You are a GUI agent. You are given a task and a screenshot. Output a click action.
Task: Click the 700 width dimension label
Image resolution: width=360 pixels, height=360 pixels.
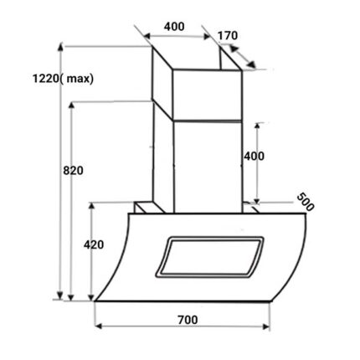coord(188,320)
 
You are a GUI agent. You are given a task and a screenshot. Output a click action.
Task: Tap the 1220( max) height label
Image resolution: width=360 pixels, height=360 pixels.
coord(63,79)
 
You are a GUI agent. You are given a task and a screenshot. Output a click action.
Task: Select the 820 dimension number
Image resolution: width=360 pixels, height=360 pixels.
coord(73,170)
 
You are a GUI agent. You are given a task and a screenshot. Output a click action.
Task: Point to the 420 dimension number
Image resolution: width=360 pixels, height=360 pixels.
coord(94,244)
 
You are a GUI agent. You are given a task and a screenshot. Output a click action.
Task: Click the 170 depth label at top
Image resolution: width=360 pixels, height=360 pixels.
coord(228,36)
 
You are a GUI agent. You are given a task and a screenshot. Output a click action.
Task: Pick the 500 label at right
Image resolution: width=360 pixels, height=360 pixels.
coord(306,202)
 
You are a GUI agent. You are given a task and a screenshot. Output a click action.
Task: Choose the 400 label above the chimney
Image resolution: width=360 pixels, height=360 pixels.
coord(174,27)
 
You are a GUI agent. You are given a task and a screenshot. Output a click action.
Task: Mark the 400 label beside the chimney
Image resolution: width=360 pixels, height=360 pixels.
coord(254,157)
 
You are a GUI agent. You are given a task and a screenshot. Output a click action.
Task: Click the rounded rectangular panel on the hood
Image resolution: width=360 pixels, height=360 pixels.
coord(209,257)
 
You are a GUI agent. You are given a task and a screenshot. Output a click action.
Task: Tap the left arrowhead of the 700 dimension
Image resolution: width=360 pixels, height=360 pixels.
coord(98,327)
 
